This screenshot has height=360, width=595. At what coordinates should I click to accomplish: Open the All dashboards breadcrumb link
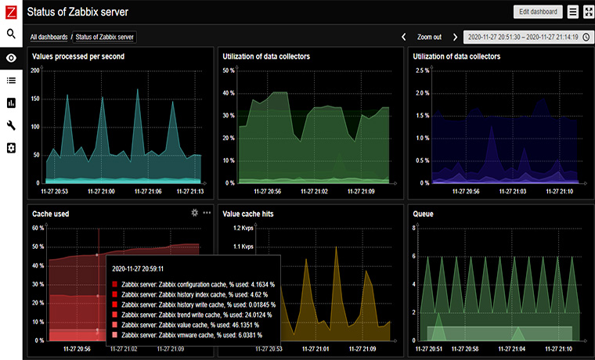pyautogui.click(x=49, y=37)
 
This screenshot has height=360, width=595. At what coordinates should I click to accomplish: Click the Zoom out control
pyautogui.click(x=429, y=37)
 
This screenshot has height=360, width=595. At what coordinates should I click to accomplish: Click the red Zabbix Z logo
pyautogui.click(x=11, y=11)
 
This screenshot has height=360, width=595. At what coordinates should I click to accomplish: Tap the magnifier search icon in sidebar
pyautogui.click(x=11, y=34)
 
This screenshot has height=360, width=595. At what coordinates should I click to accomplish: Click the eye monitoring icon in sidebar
pyautogui.click(x=11, y=57)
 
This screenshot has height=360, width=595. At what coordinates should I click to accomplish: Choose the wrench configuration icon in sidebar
pyautogui.click(x=11, y=125)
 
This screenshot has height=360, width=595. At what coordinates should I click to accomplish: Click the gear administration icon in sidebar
pyautogui.click(x=11, y=148)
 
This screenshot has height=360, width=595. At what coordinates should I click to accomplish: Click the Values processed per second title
pyautogui.click(x=78, y=56)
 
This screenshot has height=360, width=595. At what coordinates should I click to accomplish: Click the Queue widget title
pyautogui.click(x=424, y=213)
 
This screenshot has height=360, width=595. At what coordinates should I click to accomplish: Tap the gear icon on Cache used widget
pyautogui.click(x=195, y=212)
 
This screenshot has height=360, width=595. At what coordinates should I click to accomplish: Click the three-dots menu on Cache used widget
pyautogui.click(x=207, y=212)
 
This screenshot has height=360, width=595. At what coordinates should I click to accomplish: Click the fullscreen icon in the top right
pyautogui.click(x=587, y=12)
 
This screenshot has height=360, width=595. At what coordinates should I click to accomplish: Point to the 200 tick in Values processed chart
pyautogui.click(x=35, y=70)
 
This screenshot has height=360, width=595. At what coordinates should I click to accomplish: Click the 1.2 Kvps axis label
pyautogui.click(x=243, y=228)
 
